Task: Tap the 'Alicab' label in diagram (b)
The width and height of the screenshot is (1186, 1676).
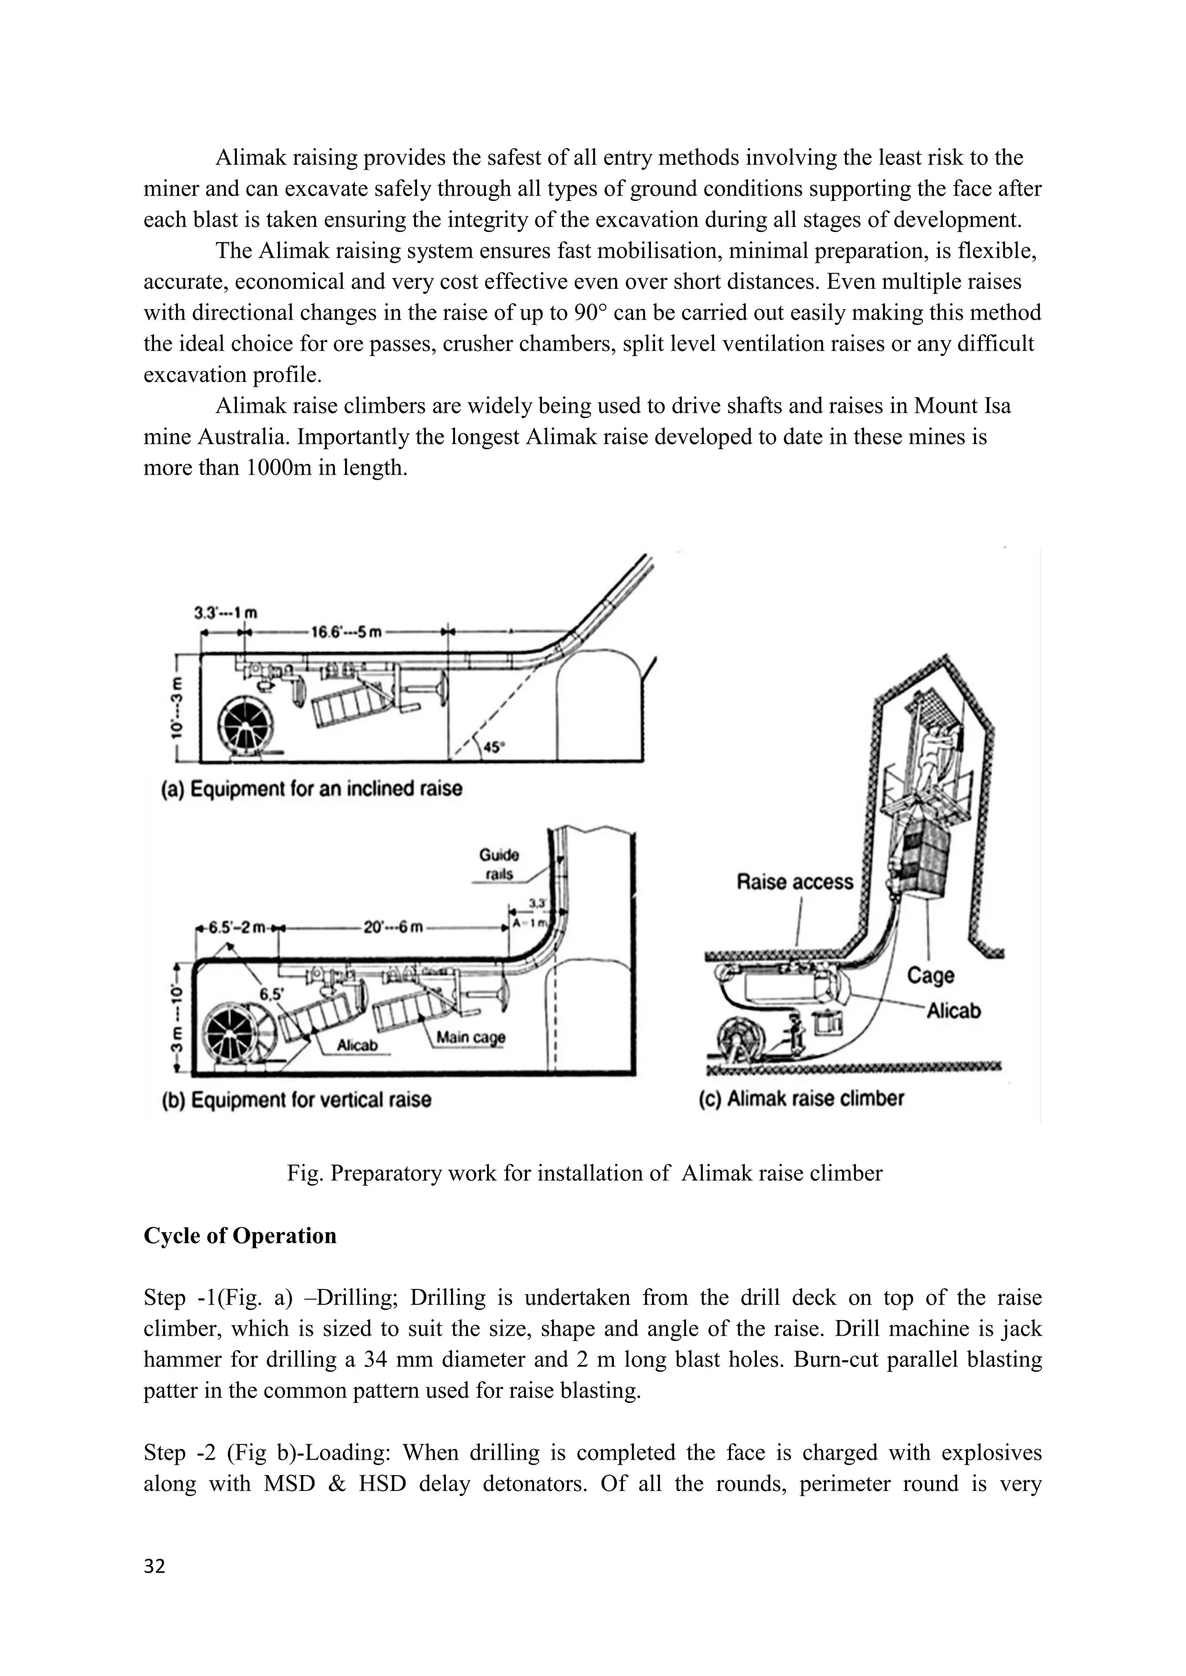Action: pos(357,1045)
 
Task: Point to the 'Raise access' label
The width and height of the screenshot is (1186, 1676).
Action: pos(795,882)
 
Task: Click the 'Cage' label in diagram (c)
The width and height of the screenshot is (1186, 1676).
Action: pos(931,975)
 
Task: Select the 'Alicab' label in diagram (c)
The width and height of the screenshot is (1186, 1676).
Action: pos(953,1011)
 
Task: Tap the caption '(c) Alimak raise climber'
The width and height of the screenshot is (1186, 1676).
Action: pos(801,1098)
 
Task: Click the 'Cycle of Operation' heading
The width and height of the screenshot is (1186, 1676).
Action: pos(240,1236)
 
